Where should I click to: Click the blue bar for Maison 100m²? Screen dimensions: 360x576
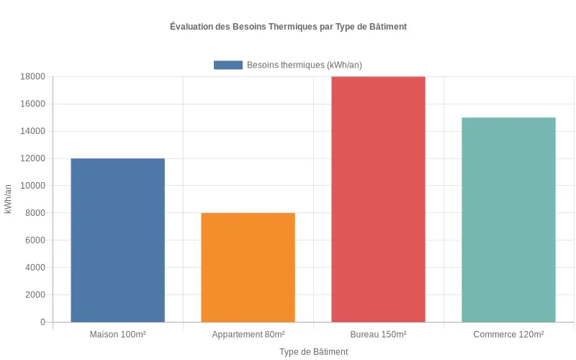(117, 240)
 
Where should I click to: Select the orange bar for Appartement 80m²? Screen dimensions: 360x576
(248, 267)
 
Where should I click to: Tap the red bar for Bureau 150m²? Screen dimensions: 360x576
(378, 199)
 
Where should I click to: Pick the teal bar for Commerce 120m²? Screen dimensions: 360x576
(508, 220)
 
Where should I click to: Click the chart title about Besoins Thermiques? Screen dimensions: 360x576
(288, 27)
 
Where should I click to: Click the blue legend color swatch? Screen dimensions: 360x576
(228, 65)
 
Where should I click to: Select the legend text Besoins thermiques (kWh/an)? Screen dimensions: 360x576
(304, 65)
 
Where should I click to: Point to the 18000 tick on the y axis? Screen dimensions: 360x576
(33, 77)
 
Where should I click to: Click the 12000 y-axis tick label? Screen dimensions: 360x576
(33, 158)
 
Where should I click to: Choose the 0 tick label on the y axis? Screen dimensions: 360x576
(42, 322)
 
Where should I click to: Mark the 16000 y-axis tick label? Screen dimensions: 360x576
(33, 104)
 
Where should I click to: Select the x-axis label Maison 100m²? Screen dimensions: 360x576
(117, 335)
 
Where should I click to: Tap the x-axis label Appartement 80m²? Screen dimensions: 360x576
(248, 335)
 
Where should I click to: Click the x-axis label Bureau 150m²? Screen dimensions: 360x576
(378, 335)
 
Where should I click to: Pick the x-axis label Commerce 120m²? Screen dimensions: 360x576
(508, 335)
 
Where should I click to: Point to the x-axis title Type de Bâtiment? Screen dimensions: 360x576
(313, 352)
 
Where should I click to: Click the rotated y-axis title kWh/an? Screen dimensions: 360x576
(8, 199)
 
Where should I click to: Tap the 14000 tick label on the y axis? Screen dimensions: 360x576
(33, 131)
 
